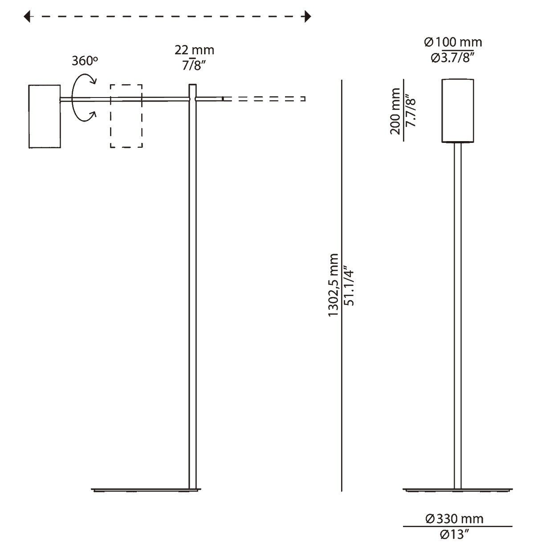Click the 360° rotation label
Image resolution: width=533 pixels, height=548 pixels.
pyautogui.click(x=84, y=61)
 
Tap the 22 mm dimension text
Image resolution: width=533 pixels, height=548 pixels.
pyautogui.click(x=195, y=49)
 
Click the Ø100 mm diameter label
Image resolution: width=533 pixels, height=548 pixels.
pyautogui.click(x=453, y=42)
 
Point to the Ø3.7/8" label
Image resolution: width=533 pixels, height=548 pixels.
pyautogui.click(x=453, y=58)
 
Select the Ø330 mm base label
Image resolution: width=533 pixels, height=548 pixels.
pyautogui.click(x=454, y=519)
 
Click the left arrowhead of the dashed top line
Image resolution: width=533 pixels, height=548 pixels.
pyautogui.click(x=28, y=17)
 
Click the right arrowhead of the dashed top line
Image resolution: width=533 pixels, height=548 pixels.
pyautogui.click(x=306, y=17)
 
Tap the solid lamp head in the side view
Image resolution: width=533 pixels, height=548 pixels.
pyautogui.click(x=45, y=116)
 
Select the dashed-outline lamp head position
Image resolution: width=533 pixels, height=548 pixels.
pyautogui.click(x=126, y=116)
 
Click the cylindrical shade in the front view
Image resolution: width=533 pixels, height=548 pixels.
pyautogui.click(x=457, y=110)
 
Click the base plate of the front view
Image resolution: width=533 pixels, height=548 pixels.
pyautogui.click(x=457, y=490)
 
